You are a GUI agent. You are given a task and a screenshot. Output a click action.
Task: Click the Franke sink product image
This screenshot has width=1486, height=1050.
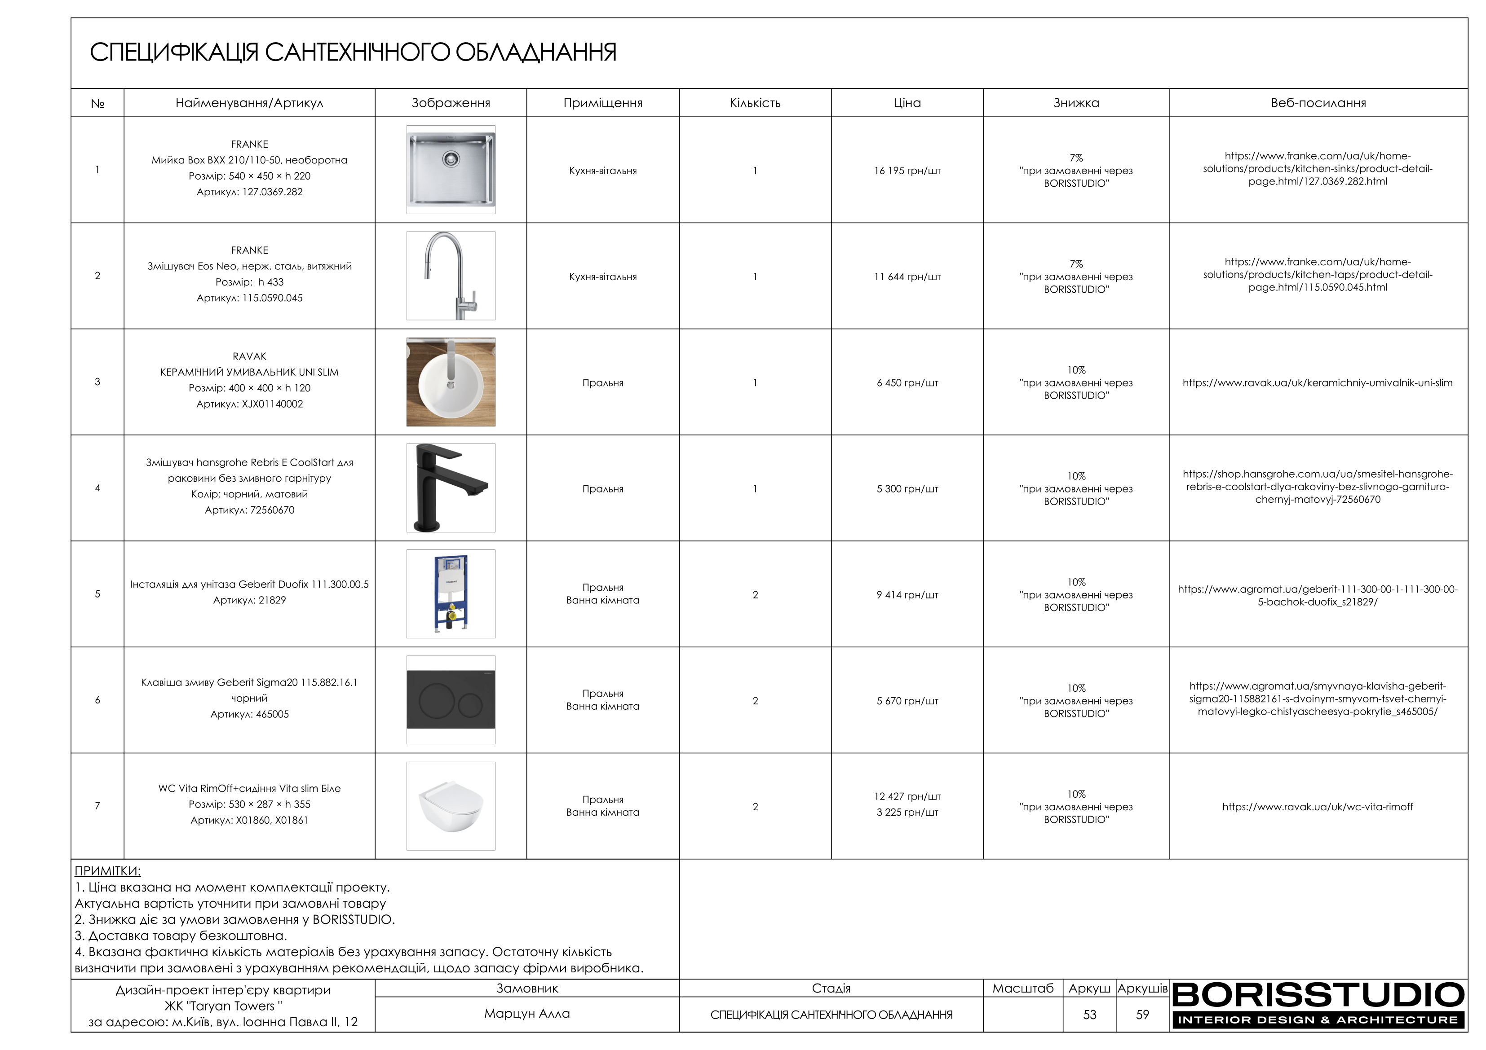(x=451, y=170)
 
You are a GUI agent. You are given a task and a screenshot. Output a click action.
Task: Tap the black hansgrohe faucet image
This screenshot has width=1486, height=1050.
(x=451, y=488)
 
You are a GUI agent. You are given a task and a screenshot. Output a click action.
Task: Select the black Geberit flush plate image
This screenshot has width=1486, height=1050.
(x=451, y=699)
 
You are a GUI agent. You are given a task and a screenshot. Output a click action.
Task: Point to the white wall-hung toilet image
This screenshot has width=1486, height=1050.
(x=451, y=806)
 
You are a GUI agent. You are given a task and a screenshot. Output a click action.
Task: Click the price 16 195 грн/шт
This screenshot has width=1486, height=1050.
(x=907, y=171)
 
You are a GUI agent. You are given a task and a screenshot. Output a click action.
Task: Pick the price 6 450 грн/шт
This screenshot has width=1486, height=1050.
(x=907, y=383)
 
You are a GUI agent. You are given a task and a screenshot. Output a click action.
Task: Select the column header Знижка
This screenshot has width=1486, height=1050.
(x=1076, y=103)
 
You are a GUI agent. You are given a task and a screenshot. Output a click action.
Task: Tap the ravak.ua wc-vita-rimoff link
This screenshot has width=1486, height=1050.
(x=1317, y=807)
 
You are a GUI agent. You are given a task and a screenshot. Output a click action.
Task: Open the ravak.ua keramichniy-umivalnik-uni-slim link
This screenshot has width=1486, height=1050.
(x=1317, y=383)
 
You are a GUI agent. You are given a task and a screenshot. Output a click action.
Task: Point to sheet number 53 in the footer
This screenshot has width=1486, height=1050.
(x=1089, y=1015)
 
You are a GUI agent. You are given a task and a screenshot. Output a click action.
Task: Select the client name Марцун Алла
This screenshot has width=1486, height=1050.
(x=527, y=1014)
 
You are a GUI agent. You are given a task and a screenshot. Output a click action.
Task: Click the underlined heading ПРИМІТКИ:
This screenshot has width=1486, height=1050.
(x=107, y=871)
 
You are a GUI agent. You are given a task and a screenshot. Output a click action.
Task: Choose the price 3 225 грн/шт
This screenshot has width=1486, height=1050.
(x=907, y=813)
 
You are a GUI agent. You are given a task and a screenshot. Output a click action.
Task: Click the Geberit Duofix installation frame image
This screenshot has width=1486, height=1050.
(x=451, y=594)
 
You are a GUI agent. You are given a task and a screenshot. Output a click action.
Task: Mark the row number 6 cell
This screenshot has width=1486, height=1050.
(x=98, y=700)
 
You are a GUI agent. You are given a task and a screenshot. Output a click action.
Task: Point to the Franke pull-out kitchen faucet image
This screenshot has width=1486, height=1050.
(x=451, y=276)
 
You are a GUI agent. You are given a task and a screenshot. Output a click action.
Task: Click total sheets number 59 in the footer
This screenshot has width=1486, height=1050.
(x=1142, y=1015)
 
